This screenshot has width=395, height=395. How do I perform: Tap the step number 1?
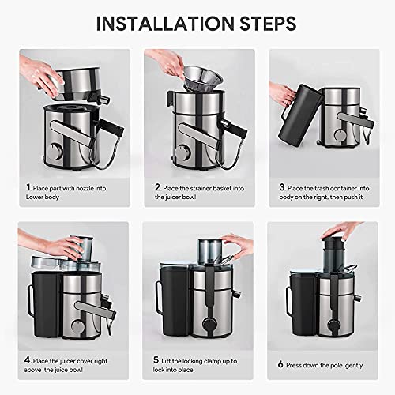tap(18, 187)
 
